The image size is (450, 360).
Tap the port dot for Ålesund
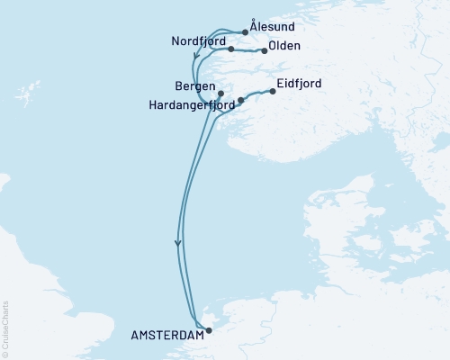point(246,32)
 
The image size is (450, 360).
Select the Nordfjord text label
point(197,41)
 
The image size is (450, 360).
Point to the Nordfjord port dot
point(231,49)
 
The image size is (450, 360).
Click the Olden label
point(283,46)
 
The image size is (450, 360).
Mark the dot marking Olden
point(265,51)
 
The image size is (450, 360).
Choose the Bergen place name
point(195,85)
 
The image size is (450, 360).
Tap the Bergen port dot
point(220,93)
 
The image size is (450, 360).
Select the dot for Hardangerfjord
point(240,100)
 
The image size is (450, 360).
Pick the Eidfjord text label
point(301,84)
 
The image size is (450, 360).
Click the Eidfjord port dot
point(273,91)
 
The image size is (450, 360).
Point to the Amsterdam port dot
point(209,329)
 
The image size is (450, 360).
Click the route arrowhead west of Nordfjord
point(196,62)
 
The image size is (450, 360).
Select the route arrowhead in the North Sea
point(178,242)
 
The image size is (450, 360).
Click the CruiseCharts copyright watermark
point(5,328)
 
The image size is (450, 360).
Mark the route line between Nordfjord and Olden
point(248,49)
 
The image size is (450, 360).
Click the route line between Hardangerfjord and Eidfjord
point(256,94)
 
